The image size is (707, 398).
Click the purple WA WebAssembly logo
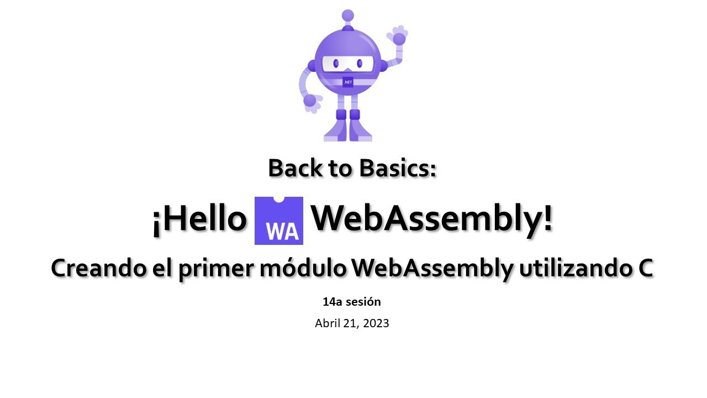[x=278, y=221]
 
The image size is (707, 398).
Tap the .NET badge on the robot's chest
[x=348, y=82]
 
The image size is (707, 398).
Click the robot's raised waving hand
[x=398, y=36]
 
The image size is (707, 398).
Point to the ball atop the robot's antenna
[x=347, y=15]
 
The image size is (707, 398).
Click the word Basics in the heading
[x=398, y=168]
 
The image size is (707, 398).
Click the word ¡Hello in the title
[x=199, y=219]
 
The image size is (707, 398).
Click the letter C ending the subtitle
[x=643, y=269]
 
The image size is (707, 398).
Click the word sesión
[x=363, y=302]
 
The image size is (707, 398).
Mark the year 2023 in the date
[x=376, y=323]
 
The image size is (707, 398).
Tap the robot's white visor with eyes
[x=348, y=64]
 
